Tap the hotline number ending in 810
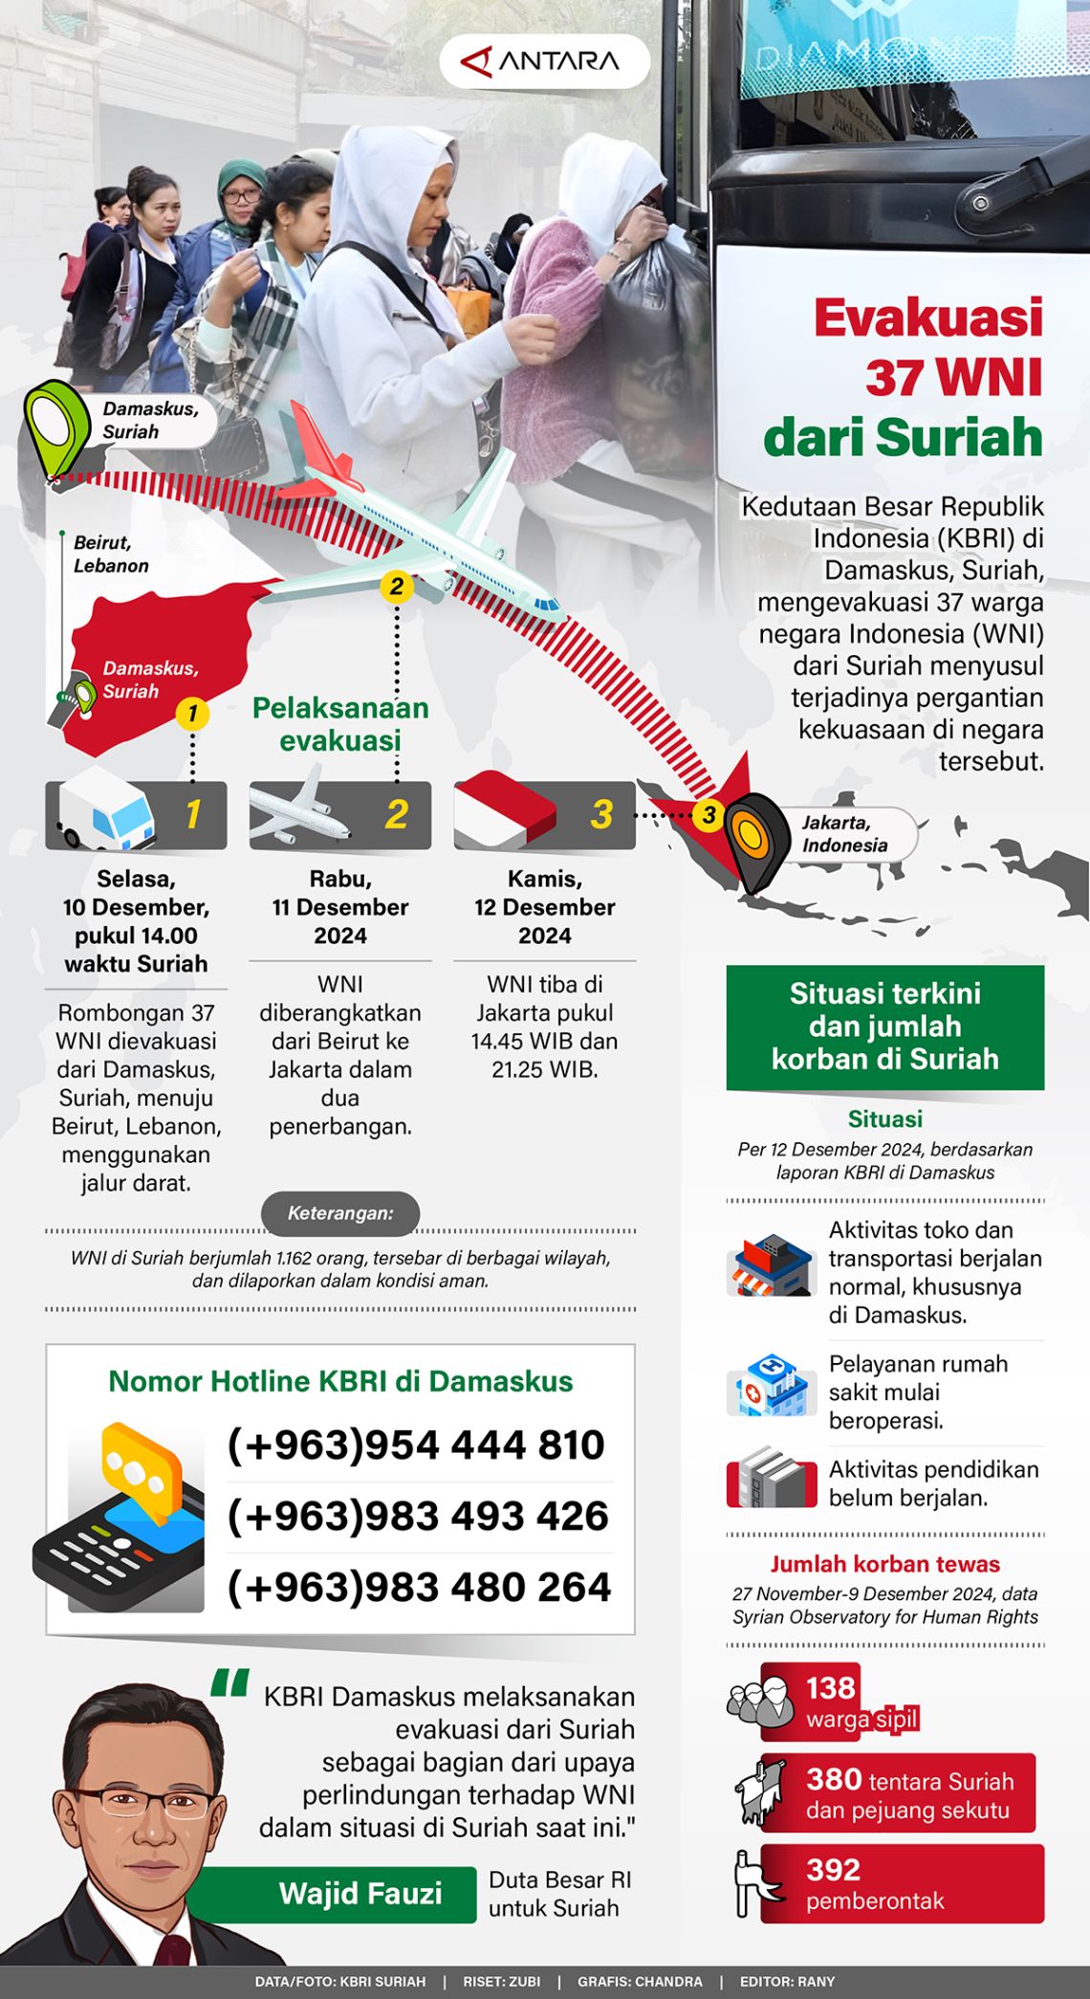click(x=416, y=1445)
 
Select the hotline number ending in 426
click(x=418, y=1516)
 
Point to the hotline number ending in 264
click(x=419, y=1588)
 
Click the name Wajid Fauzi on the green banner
click(x=360, y=1894)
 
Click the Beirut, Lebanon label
click(x=111, y=554)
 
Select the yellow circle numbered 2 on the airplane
click(x=396, y=586)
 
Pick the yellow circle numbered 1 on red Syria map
click(x=192, y=714)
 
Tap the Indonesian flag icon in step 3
click(x=504, y=812)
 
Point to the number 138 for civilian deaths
click(x=831, y=1688)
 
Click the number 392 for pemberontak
click(x=833, y=1870)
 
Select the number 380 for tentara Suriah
click(x=834, y=1779)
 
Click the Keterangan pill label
click(x=340, y=1214)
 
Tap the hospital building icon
click(x=770, y=1385)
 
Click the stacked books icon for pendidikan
click(x=771, y=1479)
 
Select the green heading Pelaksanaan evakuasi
click(x=340, y=724)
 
